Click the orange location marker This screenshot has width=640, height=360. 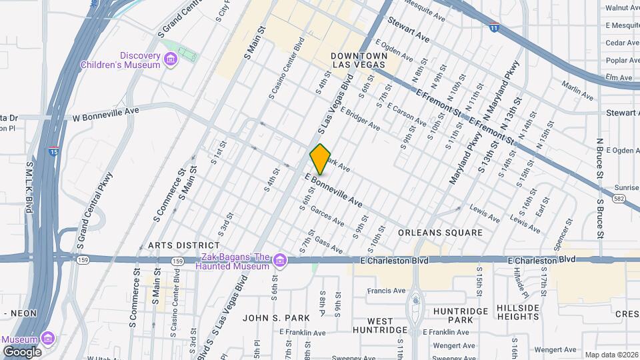tap(320, 159)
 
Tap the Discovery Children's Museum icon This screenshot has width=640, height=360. tap(171, 61)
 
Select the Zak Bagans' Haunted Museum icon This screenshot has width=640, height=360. tap(279, 259)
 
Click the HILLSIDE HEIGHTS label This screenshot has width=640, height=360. tap(517, 312)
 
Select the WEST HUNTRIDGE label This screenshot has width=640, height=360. tap(380, 325)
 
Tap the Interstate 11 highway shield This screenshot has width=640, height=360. tap(494, 27)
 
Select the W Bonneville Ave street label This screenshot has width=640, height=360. tap(105, 113)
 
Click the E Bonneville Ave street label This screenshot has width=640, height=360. tap(334, 190)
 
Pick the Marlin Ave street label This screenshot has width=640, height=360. tap(577, 91)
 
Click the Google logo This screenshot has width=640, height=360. tap(22, 351)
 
